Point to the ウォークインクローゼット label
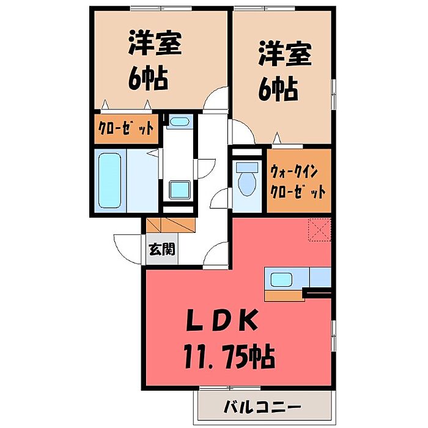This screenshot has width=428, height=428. tap(297, 180)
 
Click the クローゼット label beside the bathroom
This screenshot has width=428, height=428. tap(127, 129)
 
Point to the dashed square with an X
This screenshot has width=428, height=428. tap(318, 230)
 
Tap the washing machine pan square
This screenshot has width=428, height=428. tap(179, 190)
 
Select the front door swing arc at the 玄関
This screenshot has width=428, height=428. tap(125, 247)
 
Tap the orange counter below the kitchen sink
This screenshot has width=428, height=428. tap(284, 297)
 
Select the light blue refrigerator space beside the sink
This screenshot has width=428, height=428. tap(320, 278)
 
